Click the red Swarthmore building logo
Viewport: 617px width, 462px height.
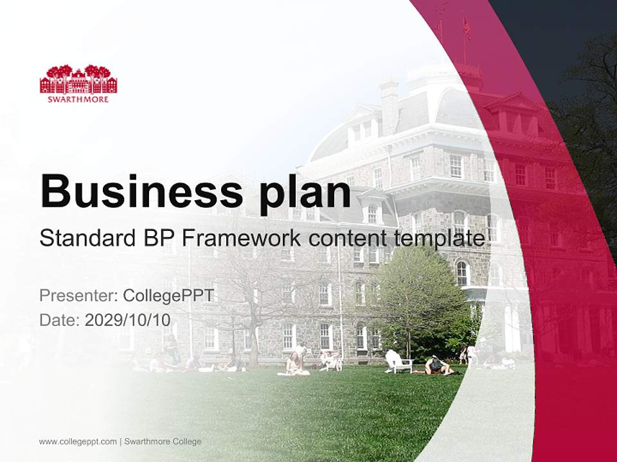(78, 80)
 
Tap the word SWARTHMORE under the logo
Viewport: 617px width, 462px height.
(78, 99)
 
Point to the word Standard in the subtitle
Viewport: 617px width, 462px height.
(83, 238)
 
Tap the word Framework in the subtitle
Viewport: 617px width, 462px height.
(239, 238)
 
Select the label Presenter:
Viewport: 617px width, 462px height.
(78, 296)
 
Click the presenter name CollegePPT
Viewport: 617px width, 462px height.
(168, 296)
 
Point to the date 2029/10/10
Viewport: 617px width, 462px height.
(128, 320)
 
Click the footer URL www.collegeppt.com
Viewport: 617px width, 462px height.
(78, 441)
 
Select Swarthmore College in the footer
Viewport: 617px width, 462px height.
(163, 441)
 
